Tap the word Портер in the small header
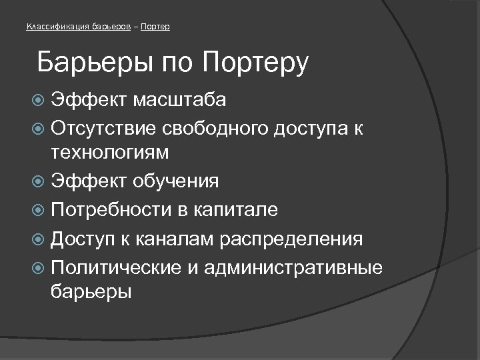point(157,27)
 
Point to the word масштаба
point(179,101)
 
